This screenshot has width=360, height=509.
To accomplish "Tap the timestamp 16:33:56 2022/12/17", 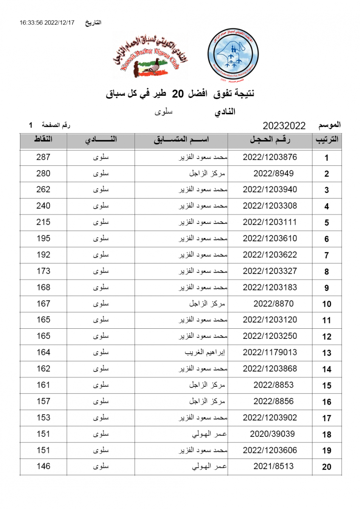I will [x=47, y=22].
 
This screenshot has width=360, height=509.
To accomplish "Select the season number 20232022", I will [x=284, y=126].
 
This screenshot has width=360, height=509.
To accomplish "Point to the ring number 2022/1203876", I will [x=270, y=157].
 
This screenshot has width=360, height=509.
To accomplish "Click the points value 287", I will [x=43, y=157].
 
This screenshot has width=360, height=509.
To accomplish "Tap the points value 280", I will [x=43, y=173].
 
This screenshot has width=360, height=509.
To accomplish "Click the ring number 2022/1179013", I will [x=270, y=352].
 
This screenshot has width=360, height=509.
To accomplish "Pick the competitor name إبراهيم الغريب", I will [x=206, y=353].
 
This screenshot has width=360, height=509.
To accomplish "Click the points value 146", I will [x=43, y=466].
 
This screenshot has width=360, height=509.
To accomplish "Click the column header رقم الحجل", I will [x=270, y=140].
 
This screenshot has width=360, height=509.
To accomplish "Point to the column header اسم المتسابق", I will [x=181, y=140].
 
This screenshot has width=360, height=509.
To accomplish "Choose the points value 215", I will [x=43, y=222].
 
